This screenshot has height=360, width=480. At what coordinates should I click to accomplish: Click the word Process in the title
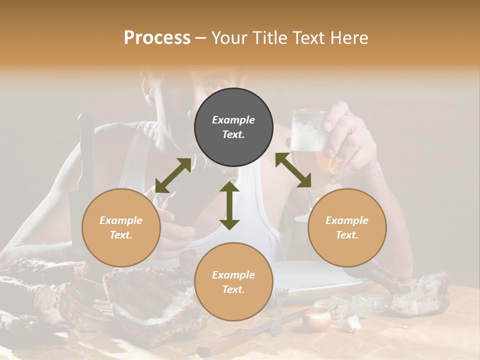157,38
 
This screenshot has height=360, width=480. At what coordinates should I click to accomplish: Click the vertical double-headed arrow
229,205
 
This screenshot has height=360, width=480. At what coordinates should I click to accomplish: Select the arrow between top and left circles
173,175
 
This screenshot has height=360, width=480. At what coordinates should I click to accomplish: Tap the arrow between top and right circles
293,170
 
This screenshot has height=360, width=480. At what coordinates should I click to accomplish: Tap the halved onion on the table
318,318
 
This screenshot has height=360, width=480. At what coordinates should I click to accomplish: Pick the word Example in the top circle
233,120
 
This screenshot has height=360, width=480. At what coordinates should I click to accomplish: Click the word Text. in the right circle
347,235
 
